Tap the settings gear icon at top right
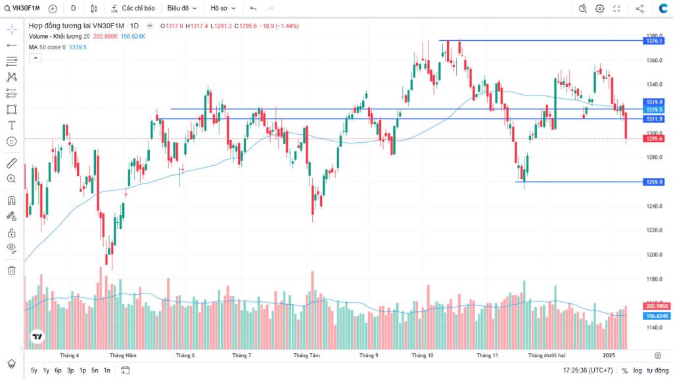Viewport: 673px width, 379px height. [x=599, y=9]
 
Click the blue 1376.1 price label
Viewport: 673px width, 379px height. [x=655, y=41]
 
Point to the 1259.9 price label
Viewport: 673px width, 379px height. [x=655, y=182]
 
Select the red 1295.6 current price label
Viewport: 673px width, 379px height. [x=655, y=139]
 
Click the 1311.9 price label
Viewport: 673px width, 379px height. [x=655, y=119]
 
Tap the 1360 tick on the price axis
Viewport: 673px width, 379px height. [x=653, y=61]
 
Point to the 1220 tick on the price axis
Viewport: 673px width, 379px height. [x=653, y=230]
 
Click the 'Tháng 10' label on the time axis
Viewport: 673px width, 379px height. [x=422, y=355]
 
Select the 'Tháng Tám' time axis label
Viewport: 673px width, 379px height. [x=306, y=355]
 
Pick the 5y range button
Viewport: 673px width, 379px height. [x=34, y=370]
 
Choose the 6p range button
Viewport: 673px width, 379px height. [x=58, y=370]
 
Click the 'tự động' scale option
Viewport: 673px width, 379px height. [x=657, y=370]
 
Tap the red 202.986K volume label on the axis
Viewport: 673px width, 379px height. [x=657, y=307]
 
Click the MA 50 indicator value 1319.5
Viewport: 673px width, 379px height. [x=78, y=47]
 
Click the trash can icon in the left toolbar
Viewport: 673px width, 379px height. [x=11, y=270]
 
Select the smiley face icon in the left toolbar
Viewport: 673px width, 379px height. [x=11, y=141]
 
